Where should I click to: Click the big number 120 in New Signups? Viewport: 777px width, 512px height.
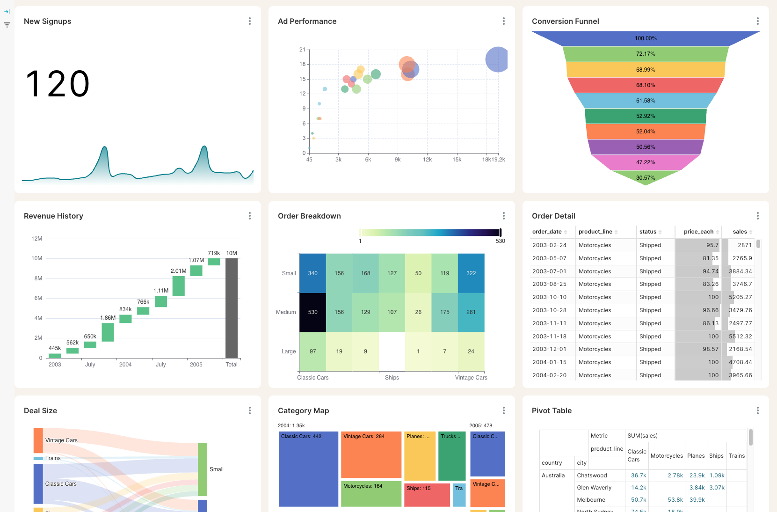[x=58, y=84]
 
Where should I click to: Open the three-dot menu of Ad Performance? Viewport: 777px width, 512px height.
[x=503, y=21]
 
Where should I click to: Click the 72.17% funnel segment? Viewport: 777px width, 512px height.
[x=646, y=54]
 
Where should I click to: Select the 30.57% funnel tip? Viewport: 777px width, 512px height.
[x=646, y=178]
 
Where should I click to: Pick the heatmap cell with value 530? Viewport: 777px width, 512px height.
[x=312, y=312]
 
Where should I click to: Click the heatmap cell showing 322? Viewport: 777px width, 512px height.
[x=471, y=273]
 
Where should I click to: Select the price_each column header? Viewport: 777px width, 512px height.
[x=698, y=232]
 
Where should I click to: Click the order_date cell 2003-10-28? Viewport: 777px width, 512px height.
[x=549, y=310]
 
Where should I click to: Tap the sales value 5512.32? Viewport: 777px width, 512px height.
[x=740, y=336]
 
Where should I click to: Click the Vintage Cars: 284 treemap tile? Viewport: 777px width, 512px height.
[x=371, y=454]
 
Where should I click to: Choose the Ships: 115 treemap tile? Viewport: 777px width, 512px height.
[x=427, y=495]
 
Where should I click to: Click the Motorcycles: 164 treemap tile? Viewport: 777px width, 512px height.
[x=371, y=494]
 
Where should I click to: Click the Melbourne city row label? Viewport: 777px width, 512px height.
[x=591, y=500]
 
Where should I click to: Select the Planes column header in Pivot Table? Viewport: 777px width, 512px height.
[x=696, y=456]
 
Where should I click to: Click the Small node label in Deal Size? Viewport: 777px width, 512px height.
[x=216, y=469]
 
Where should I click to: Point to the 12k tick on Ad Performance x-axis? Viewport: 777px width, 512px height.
[x=427, y=160]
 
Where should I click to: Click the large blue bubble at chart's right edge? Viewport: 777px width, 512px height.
[x=497, y=59]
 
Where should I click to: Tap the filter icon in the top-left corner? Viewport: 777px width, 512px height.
[x=7, y=25]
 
